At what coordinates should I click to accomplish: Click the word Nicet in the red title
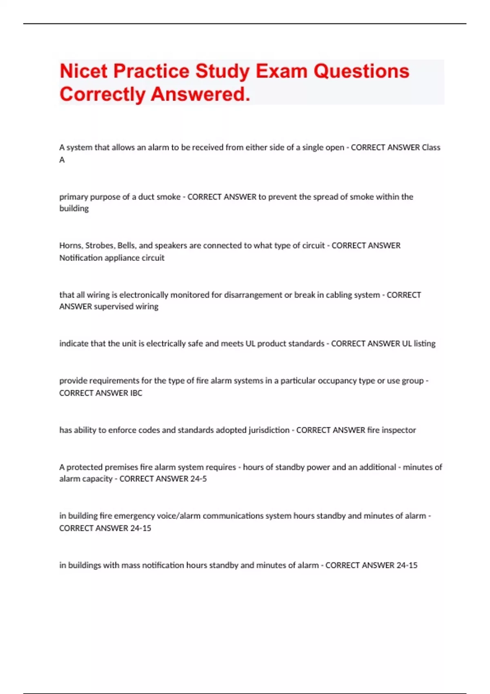[83, 71]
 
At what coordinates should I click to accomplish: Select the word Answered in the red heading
[200, 95]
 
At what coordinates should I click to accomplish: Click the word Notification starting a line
[81, 258]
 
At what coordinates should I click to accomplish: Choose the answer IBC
[136, 393]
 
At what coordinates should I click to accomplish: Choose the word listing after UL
[425, 344]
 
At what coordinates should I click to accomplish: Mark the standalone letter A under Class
[62, 160]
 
